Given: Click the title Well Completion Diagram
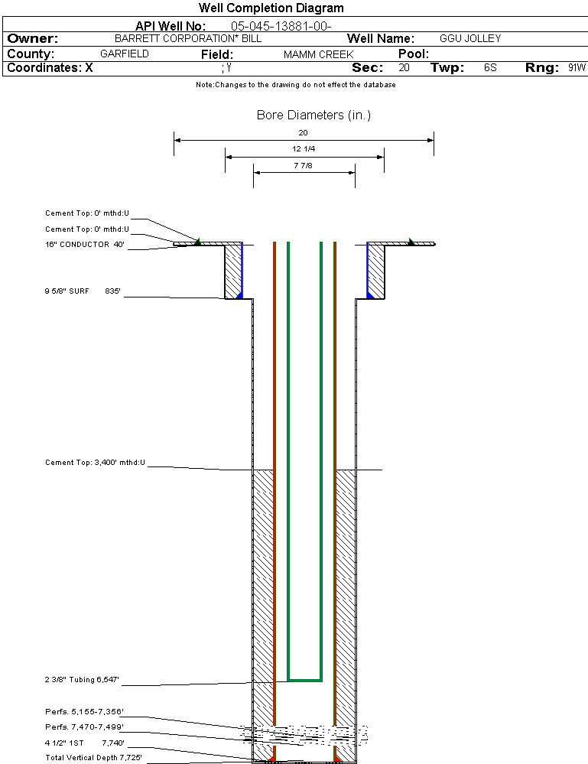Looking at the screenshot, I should coord(271,8).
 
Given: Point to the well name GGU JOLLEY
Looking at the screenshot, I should coord(470,38).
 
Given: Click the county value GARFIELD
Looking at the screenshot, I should coord(125,54).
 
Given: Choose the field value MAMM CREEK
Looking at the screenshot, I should coord(318,54).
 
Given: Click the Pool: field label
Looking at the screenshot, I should coord(414,54).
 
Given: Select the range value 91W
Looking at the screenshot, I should coord(577,68).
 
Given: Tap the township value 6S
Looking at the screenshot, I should coord(490,68).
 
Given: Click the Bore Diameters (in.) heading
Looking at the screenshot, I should coord(313,115).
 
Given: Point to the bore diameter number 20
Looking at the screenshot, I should coord(303,132).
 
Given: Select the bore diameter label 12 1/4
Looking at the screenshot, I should coord(304,148).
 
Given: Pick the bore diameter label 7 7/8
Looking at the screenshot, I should coord(304,164).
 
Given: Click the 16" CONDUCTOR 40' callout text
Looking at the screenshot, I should coord(84,245).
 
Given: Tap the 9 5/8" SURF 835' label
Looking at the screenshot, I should coord(84,291).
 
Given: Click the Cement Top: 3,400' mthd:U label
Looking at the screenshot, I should coord(95,463).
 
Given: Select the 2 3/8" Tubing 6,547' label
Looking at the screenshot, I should coord(82,679).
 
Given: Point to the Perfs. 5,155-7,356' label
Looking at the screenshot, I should coord(84,711).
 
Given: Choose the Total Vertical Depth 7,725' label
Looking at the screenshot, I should coord(93,757).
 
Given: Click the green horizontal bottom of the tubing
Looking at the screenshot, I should coord(304,680).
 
